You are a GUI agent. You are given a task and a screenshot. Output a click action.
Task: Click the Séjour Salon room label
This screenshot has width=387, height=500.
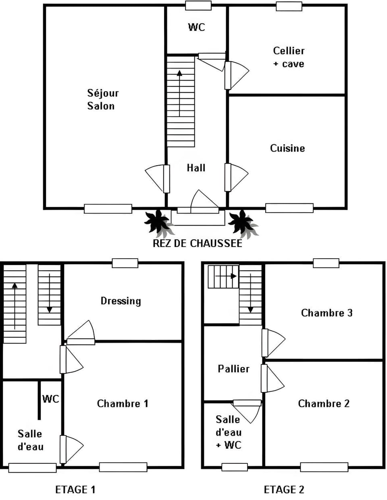(103, 100)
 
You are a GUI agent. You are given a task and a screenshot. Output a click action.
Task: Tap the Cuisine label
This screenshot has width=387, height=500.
(287, 148)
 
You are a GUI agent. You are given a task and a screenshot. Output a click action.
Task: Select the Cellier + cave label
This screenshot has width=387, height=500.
(289, 57)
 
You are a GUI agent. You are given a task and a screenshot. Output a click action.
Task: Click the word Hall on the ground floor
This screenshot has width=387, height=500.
(196, 168)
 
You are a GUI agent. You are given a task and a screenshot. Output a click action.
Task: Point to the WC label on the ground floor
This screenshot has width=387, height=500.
(197, 27)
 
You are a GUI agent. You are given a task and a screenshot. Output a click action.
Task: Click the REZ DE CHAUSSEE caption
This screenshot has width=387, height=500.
(198, 243)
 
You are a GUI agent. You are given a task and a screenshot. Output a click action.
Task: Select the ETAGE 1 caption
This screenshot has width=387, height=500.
(75, 489)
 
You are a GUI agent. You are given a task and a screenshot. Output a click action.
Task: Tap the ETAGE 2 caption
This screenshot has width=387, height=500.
(284, 489)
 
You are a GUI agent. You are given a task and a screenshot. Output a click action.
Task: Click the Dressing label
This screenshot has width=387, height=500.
(121, 301)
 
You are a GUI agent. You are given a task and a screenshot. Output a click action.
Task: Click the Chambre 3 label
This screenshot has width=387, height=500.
(327, 313)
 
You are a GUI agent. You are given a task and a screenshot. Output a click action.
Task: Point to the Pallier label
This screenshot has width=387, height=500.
(233, 369)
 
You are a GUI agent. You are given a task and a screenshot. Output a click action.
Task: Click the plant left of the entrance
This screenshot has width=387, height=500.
(158, 224)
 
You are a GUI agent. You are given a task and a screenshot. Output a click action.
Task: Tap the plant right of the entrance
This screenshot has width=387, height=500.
(242, 224)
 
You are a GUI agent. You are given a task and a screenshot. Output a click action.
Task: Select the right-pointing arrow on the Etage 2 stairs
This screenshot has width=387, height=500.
(226, 276)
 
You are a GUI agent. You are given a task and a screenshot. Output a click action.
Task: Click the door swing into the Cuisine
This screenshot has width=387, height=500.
(237, 177)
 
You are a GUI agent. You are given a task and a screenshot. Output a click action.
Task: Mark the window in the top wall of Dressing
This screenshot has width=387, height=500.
(125, 263)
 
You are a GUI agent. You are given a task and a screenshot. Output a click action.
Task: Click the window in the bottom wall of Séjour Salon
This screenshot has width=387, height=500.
(108, 209)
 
